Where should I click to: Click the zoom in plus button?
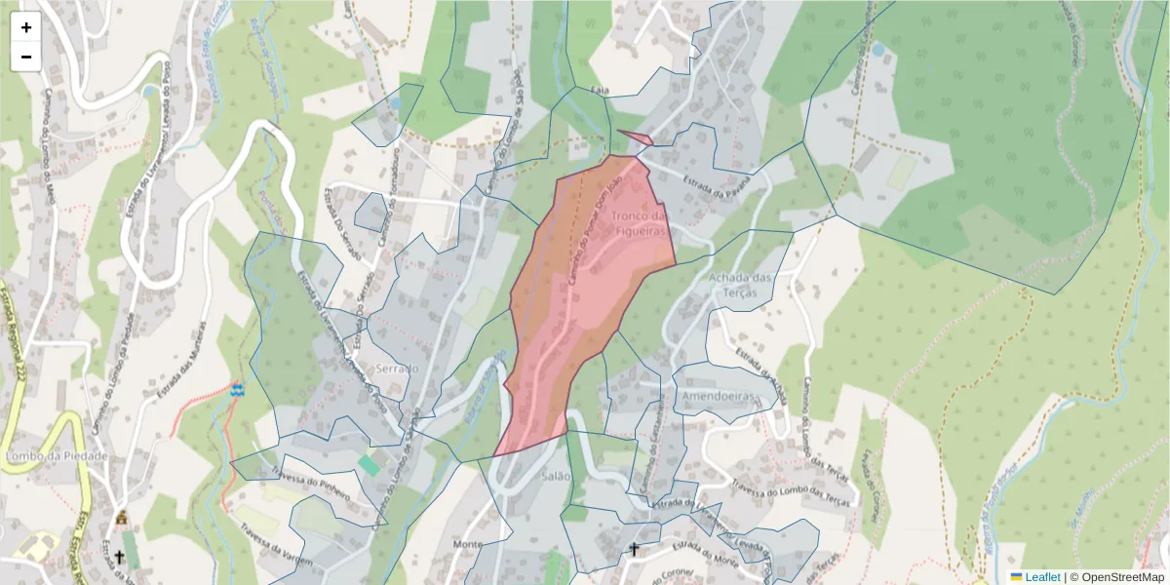26,27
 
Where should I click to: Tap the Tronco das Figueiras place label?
639,224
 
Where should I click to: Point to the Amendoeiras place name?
721,398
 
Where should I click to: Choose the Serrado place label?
396,370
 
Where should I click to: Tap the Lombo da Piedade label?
56,456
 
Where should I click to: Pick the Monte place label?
469,544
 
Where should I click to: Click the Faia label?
600,91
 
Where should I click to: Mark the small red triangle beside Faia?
638,137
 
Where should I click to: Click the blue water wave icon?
236,389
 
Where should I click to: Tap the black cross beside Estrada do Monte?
634,551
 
